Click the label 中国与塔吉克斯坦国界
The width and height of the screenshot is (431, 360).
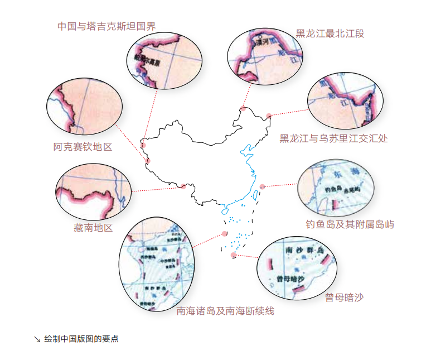(x=106, y=26)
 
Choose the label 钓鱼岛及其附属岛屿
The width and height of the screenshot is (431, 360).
(x=350, y=224)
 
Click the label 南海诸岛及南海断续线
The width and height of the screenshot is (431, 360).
(x=225, y=311)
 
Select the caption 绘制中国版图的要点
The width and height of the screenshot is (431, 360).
(x=81, y=339)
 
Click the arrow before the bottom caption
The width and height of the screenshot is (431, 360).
(x=37, y=339)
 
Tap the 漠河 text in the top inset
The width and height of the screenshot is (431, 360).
(x=259, y=42)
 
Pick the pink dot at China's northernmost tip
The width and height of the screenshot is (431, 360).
(x=243, y=109)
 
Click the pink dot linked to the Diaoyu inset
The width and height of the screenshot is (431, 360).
(x=263, y=186)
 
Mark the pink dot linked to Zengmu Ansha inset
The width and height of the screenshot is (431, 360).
(x=233, y=255)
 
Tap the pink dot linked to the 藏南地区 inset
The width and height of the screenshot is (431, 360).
(x=183, y=186)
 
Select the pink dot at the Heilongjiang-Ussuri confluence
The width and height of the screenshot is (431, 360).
(x=269, y=116)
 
